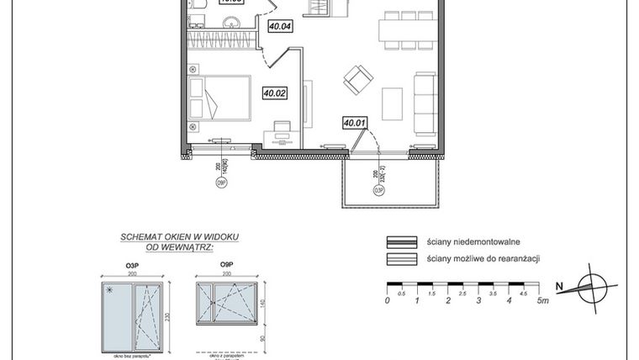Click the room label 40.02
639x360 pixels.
click(x=274, y=93)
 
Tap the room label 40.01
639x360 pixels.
click(x=355, y=123)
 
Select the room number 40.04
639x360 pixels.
click(x=279, y=26)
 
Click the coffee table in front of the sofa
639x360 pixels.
click(x=393, y=103)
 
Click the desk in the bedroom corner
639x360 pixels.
click(x=281, y=137)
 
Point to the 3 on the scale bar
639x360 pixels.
click(x=478, y=300)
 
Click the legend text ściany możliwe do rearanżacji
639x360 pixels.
click(x=482, y=258)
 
